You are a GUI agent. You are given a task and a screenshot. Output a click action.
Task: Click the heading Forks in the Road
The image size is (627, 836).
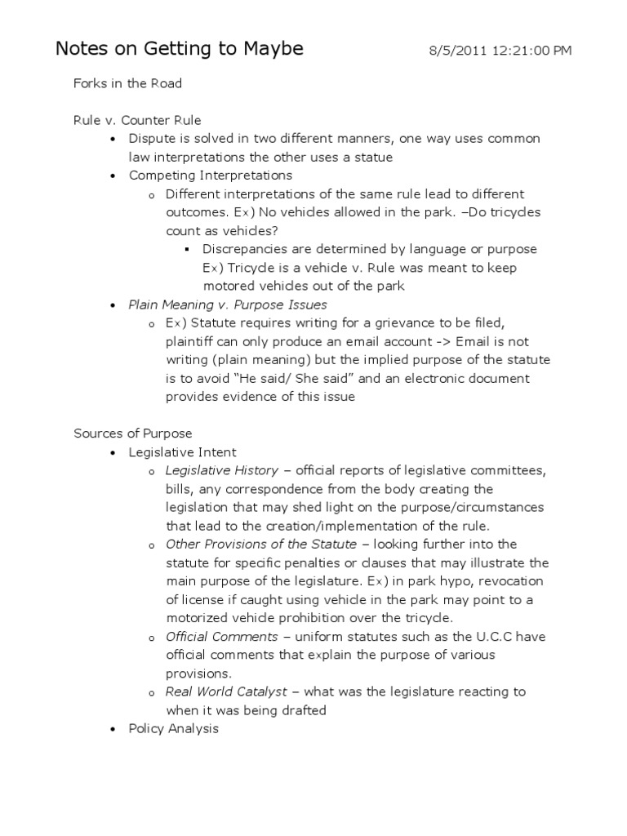click(127, 83)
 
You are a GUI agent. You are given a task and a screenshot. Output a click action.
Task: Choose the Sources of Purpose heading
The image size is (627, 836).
click(132, 434)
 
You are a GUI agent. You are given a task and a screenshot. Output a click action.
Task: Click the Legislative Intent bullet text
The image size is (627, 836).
click(183, 452)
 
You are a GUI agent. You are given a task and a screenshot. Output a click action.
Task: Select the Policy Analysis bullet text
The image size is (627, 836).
click(174, 728)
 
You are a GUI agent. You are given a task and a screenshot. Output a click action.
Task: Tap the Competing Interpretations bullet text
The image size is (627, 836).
click(211, 176)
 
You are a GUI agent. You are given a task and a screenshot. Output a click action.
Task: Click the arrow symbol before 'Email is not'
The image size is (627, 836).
click(442, 341)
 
